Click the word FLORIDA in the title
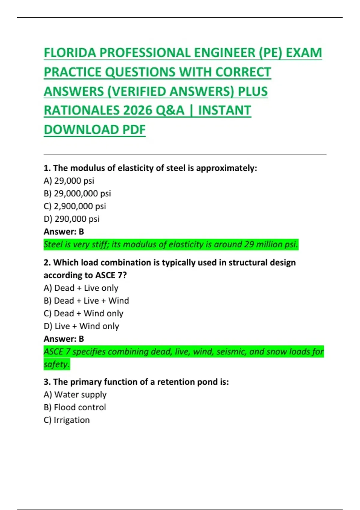pyautogui.click(x=70, y=53)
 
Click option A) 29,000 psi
pyautogui.click(x=69, y=181)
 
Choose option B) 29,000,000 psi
pyautogui.click(x=77, y=193)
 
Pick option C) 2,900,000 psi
pyautogui.click(x=75, y=206)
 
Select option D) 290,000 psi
pyautogui.click(x=72, y=219)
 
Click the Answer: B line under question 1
pyautogui.click(x=64, y=232)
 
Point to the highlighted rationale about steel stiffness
pyautogui.click(x=171, y=244)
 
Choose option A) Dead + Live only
pyautogui.click(x=81, y=288)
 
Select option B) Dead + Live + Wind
pyautogui.click(x=86, y=301)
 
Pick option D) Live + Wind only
pyautogui.click(x=81, y=326)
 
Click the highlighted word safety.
pyautogui.click(x=56, y=364)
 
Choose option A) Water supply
pyautogui.click(x=75, y=394)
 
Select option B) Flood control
pyautogui.click(x=75, y=407)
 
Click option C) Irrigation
pyautogui.click(x=67, y=420)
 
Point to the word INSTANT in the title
pyautogui.click(x=224, y=110)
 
